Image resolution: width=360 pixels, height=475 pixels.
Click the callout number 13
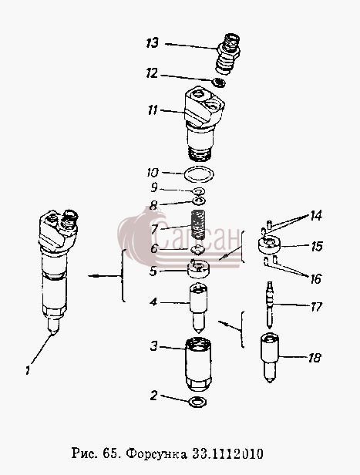pos(153,42)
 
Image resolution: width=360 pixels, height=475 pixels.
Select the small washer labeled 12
pos(219,83)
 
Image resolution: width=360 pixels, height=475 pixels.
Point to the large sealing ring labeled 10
pos(199,174)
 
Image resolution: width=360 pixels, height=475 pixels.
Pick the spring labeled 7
pos(198,224)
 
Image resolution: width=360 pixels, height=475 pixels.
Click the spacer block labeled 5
pos(199,268)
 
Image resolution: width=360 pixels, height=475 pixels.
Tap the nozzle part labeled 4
pos(199,308)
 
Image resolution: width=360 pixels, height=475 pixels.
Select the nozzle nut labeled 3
pos(198,365)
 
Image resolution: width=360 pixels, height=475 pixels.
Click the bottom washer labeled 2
pos(197,402)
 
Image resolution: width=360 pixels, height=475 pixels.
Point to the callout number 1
pos(28,370)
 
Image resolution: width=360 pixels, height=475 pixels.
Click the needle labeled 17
pos(270,305)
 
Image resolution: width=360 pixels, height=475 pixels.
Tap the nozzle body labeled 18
pos(270,358)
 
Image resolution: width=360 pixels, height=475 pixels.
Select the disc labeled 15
pos(269,244)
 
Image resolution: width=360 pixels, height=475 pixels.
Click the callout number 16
pos(315,278)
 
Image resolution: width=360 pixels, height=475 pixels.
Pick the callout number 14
pos(315,216)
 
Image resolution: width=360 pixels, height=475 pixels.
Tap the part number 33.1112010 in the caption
pos(227,453)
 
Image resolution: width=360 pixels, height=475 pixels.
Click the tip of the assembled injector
pos(54,335)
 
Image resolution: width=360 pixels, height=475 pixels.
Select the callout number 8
pos(153,206)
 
